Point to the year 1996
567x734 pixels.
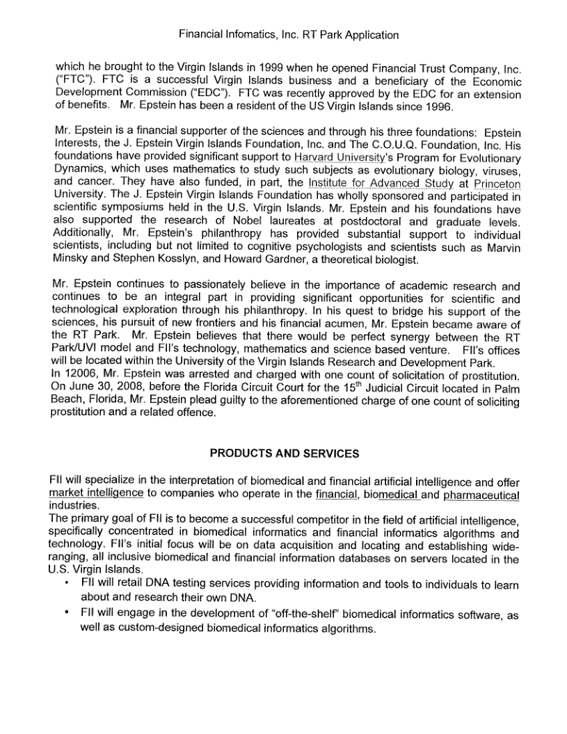click(x=437, y=106)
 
